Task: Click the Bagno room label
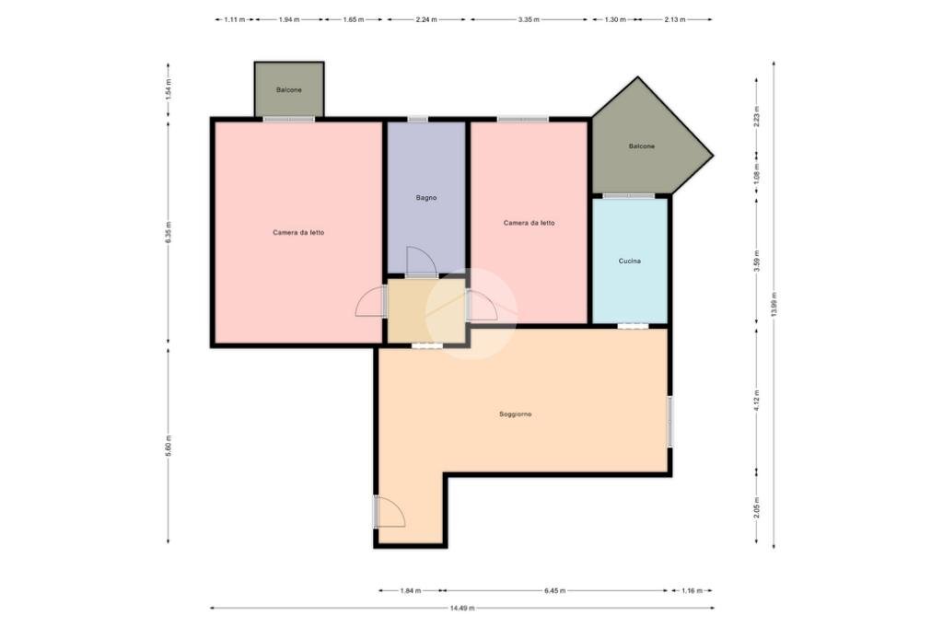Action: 425,197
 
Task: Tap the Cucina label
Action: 629,262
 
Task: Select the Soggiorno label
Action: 516,413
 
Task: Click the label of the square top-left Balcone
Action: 288,89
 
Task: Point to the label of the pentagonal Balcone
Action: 641,146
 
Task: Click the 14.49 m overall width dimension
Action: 462,608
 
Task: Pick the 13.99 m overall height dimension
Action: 774,305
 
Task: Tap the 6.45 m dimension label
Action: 554,590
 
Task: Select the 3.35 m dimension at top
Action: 529,19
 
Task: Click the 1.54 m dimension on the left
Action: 169,89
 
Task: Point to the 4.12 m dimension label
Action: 757,400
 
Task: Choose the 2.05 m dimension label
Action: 757,507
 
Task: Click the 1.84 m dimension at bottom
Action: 410,590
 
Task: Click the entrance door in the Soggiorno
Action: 389,512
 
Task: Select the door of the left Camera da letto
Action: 371,301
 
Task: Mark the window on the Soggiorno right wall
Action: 670,421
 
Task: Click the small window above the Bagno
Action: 417,119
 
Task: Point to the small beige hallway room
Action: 426,310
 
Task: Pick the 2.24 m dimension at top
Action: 425,19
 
